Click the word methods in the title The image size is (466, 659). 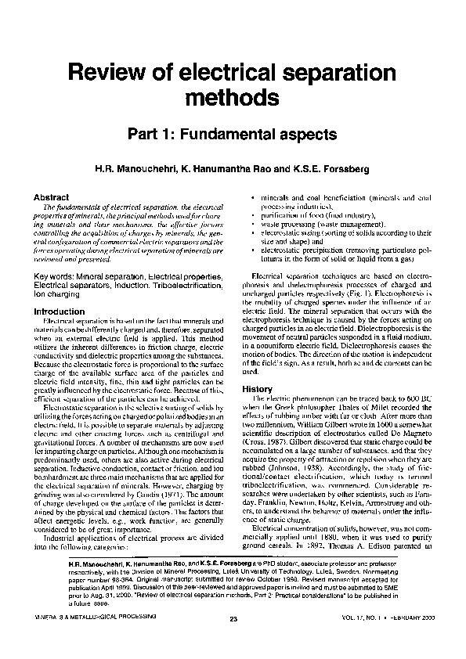[x=232, y=99]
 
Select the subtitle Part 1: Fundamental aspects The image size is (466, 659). [x=233, y=135]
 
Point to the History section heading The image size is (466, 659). [x=257, y=389]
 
